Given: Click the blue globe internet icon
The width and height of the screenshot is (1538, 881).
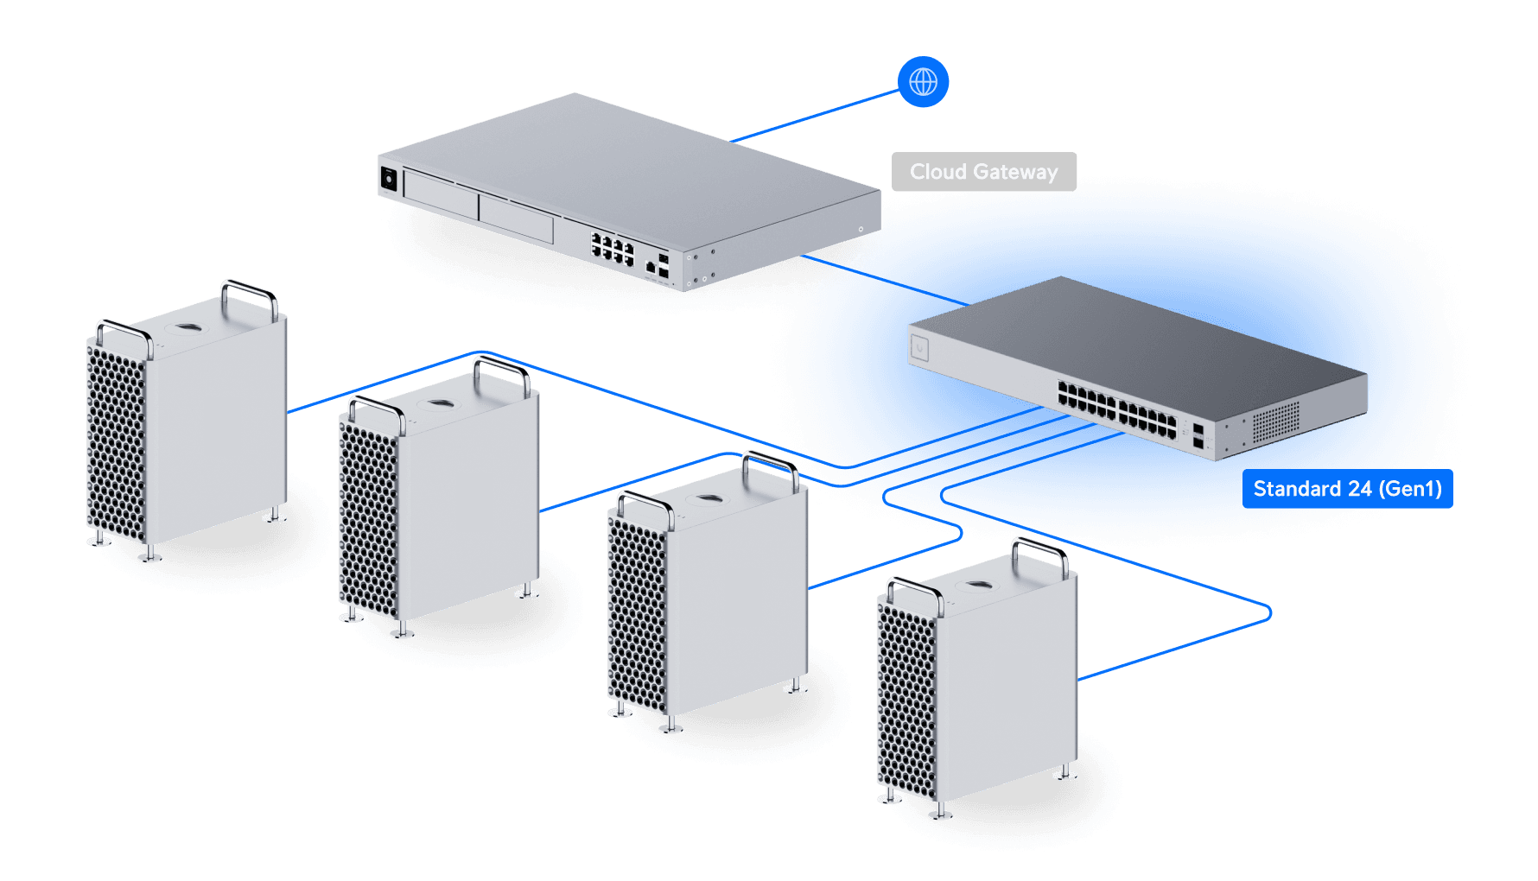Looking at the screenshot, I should pos(924,82).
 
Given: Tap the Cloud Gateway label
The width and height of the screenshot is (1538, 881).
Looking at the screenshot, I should pos(983,172).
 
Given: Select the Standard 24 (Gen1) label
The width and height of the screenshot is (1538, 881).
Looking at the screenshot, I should pos(1347,489).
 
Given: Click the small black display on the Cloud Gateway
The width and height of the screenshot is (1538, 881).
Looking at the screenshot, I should pos(389,179).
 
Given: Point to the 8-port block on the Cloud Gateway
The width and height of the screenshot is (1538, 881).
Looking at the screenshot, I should pos(612,248).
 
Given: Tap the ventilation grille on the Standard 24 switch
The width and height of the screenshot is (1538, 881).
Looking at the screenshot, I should pos(1275,421).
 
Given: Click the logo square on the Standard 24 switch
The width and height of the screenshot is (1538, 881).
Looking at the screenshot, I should pos(919,348).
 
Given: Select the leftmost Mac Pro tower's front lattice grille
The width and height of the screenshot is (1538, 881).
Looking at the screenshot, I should pos(115,440).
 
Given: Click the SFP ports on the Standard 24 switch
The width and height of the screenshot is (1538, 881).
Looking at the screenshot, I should pos(1198,436).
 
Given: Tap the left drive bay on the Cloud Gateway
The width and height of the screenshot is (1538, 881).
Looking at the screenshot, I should pos(441,195).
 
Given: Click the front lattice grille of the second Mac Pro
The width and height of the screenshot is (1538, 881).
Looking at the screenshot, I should pos(368,517).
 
